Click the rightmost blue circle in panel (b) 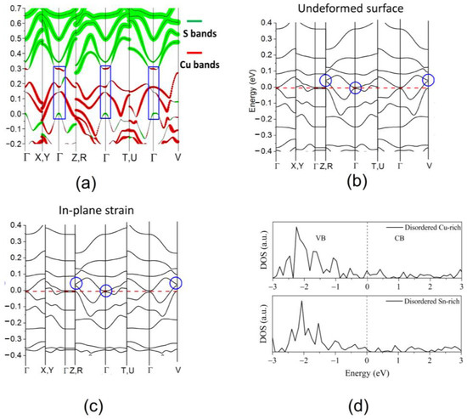pos(429,79)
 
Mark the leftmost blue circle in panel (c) pos(76,283)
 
